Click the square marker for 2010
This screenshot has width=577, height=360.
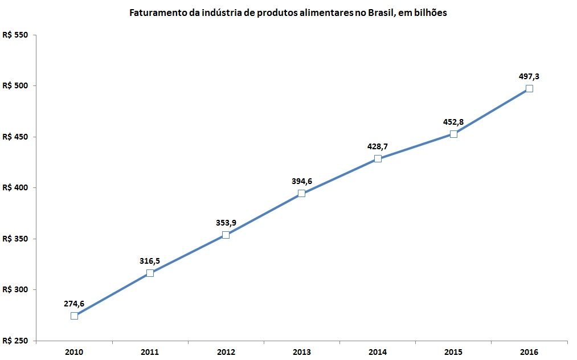click(x=74, y=316)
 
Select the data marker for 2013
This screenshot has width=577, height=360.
click(x=301, y=193)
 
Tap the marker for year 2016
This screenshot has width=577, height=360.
click(x=529, y=88)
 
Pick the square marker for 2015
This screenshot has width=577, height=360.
click(x=453, y=134)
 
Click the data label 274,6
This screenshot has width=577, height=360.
click(x=74, y=304)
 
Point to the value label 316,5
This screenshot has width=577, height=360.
click(x=150, y=261)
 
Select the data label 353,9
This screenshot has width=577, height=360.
click(x=226, y=223)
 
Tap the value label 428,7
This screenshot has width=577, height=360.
click(x=378, y=146)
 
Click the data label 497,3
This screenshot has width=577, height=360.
click(x=529, y=76)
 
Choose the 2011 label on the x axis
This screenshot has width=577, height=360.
click(x=150, y=353)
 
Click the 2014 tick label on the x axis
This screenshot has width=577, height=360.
click(x=378, y=353)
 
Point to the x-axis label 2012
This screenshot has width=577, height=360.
click(x=226, y=353)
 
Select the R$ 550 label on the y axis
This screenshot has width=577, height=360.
click(x=15, y=35)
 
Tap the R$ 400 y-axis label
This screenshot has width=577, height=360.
click(x=15, y=188)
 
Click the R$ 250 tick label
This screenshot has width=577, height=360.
click(x=15, y=341)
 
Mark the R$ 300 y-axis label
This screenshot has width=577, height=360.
click(x=15, y=290)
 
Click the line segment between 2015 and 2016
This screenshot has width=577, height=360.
click(x=491, y=111)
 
